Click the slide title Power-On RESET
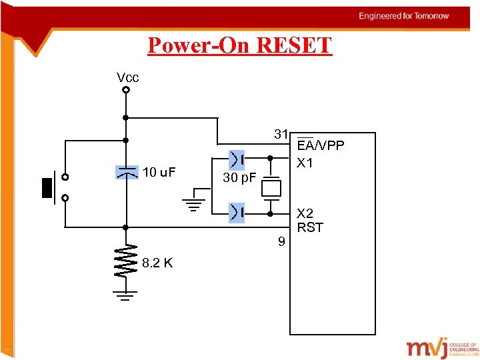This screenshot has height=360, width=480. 239,45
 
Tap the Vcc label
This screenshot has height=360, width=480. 127,77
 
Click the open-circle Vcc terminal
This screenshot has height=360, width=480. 125,91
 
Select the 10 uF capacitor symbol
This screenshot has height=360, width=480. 126,173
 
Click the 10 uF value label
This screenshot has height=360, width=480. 159,173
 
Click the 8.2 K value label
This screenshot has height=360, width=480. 157,263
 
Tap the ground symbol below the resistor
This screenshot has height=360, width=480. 125,295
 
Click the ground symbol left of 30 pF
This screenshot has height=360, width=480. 193,203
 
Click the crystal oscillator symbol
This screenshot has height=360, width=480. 271,187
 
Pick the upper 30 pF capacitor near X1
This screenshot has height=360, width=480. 237,159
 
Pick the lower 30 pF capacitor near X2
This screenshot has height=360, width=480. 237,213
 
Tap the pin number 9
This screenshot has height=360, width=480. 282,241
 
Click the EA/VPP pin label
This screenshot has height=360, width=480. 321,146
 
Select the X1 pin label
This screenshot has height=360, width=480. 306,163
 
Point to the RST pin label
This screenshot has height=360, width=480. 310,227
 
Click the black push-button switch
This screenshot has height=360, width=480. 47,187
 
